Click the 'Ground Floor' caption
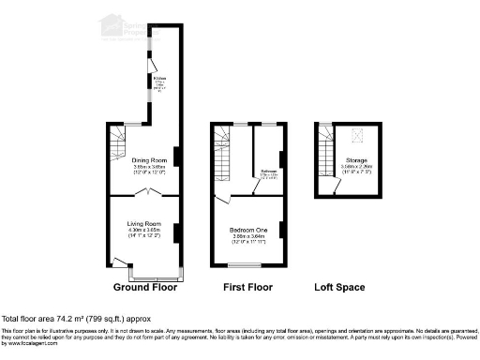tap(145, 287)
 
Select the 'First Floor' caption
tap(247, 287)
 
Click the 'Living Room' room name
tap(145, 224)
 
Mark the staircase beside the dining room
tap(117, 146)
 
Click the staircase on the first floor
tap(223, 156)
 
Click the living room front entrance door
tap(118, 260)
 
